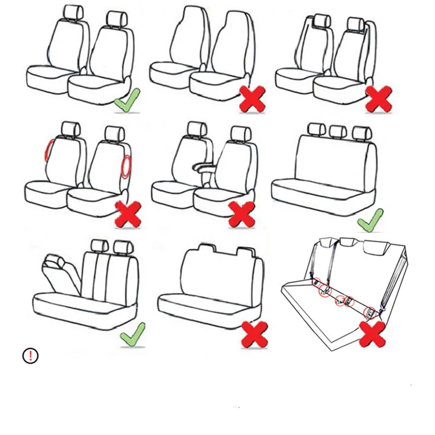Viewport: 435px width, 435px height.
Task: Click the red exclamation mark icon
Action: coord(30,356)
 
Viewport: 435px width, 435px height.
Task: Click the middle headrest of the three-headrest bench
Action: coord(337,131)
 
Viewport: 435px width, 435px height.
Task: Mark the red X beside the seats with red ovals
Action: coord(128,213)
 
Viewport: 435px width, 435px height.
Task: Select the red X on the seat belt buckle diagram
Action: coord(372,334)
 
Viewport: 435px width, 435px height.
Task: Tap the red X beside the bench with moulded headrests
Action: coord(254,334)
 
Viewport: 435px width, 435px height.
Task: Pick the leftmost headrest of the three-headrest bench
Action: coord(315,129)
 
